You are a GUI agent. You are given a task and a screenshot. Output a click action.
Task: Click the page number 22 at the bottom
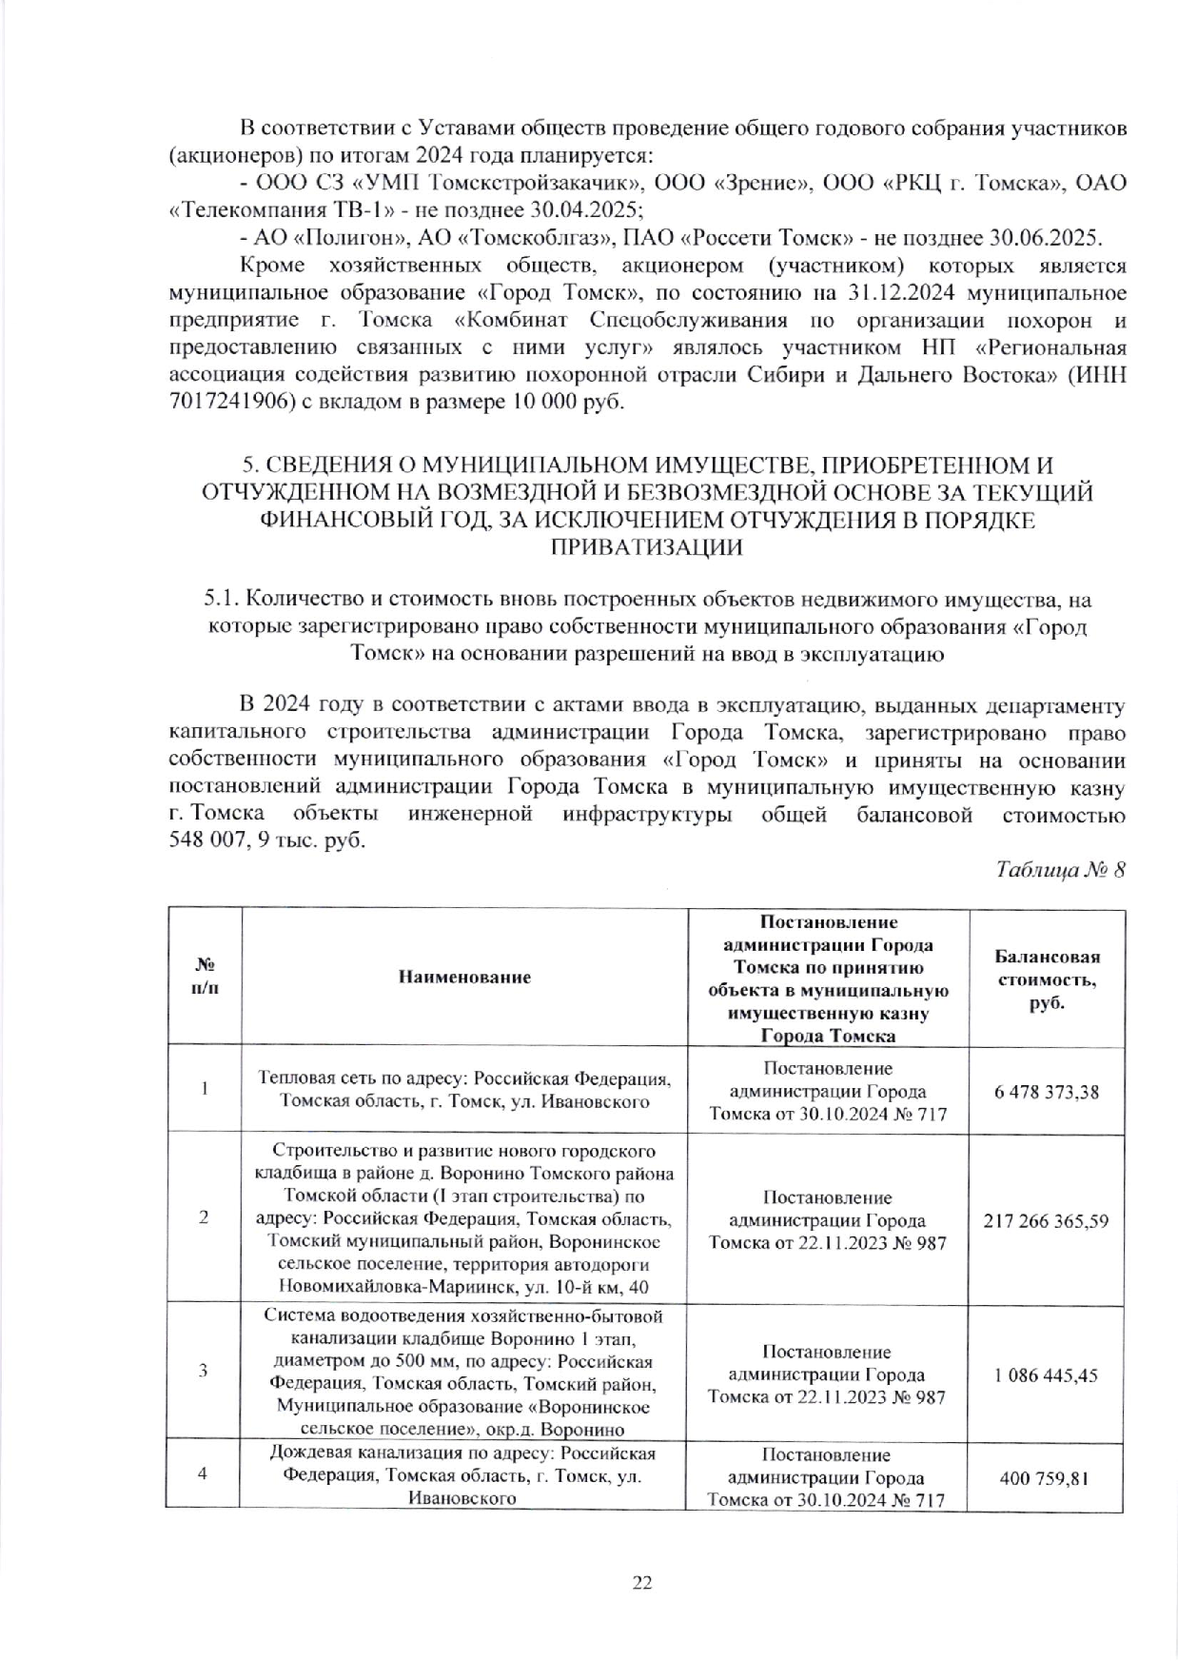pos(641,1582)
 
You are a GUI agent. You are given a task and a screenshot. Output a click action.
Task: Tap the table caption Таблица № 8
pos(1060,870)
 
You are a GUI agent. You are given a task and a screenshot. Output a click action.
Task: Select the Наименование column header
pos(465,977)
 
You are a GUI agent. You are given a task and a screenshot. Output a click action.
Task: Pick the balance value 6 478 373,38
pos(1047,1091)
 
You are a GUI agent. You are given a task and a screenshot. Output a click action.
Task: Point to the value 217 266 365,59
pos(1046,1220)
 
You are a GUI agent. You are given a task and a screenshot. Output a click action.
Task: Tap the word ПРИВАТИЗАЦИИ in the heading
pos(648,547)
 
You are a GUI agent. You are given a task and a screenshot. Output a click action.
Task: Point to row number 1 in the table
pos(204,1089)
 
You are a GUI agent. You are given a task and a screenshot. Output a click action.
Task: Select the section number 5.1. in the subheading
pos(221,601)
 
